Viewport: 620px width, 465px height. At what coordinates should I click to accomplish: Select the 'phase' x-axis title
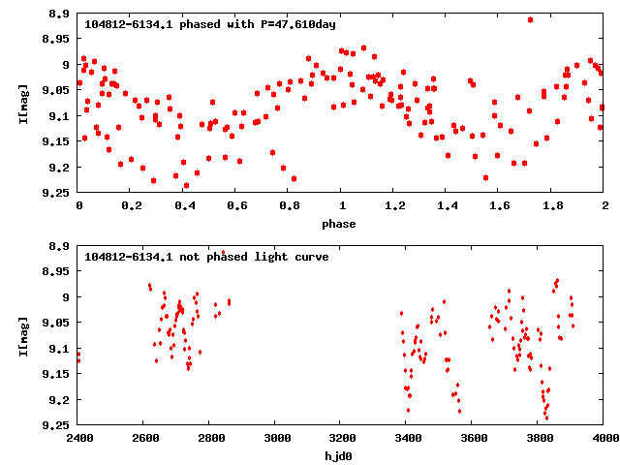pos(340,224)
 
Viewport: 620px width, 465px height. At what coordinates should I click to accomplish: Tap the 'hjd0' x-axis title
pos(340,455)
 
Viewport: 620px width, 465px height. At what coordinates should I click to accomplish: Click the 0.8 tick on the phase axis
pos(288,205)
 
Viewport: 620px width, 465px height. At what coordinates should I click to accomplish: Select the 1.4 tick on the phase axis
pos(446,205)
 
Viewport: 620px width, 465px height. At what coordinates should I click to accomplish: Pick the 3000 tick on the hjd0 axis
pos(276,437)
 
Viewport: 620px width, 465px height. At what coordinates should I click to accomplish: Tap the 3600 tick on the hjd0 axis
pos(474,437)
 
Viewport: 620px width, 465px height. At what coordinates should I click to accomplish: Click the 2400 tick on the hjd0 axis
pos(78,437)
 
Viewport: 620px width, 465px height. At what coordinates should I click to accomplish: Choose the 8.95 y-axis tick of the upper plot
pos(54,39)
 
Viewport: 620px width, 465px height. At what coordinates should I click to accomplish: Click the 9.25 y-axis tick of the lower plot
pos(54,425)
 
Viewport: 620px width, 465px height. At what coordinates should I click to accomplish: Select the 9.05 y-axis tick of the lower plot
pos(54,323)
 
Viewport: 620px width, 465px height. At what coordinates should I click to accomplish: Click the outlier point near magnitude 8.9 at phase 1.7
pos(530,19)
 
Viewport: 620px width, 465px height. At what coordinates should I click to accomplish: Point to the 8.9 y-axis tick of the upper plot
pos(58,14)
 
